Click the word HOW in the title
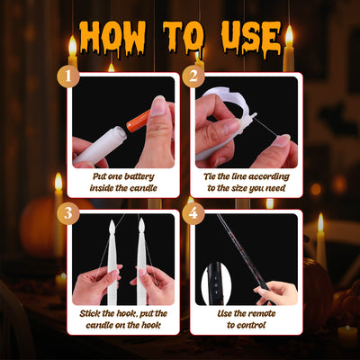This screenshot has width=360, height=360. (112, 38)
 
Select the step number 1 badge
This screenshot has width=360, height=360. (68, 76)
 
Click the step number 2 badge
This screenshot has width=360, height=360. (193, 76)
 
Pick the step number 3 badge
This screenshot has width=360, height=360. (68, 213)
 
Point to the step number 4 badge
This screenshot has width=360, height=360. (193, 213)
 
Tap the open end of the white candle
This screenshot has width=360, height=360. (120, 134)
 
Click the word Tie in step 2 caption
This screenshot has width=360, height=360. (210, 176)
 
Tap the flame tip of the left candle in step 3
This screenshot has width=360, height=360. (112, 221)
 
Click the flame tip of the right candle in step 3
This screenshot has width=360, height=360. (141, 220)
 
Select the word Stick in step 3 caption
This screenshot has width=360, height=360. (90, 313)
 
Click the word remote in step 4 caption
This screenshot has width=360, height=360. (261, 313)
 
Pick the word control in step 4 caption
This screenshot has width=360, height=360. (250, 325)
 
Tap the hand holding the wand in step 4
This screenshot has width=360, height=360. (275, 292)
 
